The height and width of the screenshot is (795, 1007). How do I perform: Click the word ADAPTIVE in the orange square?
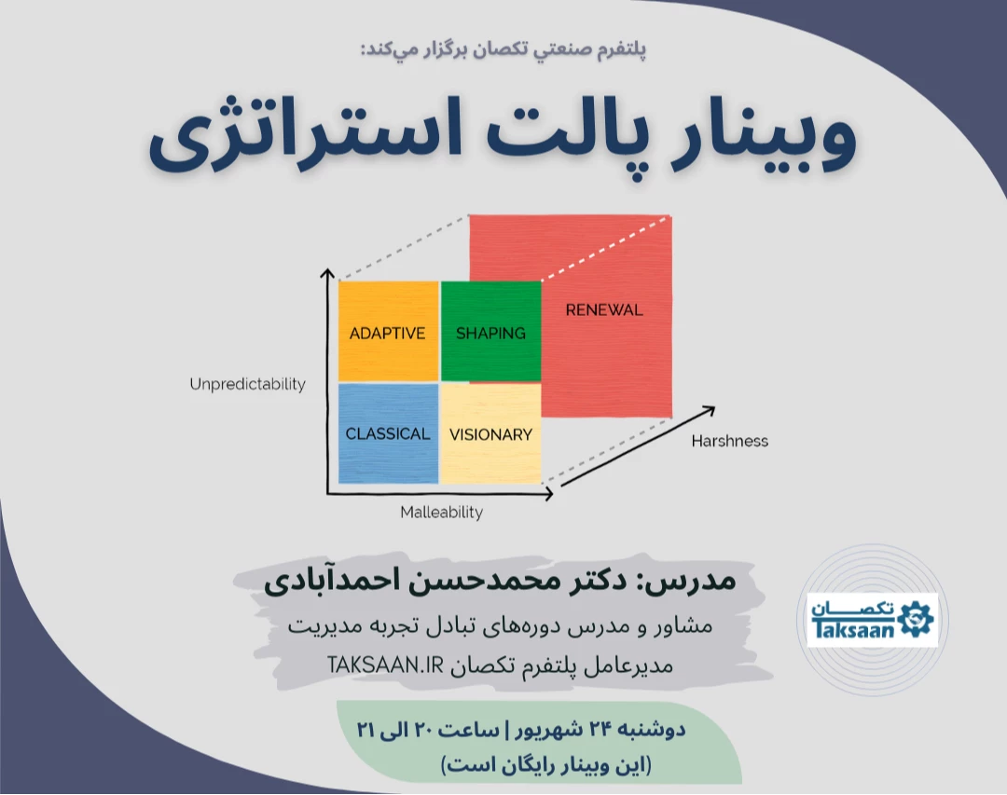(x=387, y=333)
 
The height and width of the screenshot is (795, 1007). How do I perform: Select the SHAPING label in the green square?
(x=490, y=333)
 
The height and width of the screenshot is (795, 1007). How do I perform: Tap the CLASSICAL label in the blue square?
(x=388, y=433)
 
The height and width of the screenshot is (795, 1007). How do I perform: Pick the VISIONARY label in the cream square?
(x=490, y=433)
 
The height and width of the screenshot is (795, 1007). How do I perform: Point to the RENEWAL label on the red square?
(x=604, y=309)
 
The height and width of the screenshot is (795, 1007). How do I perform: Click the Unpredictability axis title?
(x=247, y=384)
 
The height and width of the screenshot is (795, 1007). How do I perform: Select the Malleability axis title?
(x=442, y=512)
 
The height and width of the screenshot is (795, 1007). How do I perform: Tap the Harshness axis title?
(x=729, y=441)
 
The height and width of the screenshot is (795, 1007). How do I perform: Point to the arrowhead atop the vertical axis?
(x=326, y=273)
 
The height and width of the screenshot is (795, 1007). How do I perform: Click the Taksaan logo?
(x=872, y=620)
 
